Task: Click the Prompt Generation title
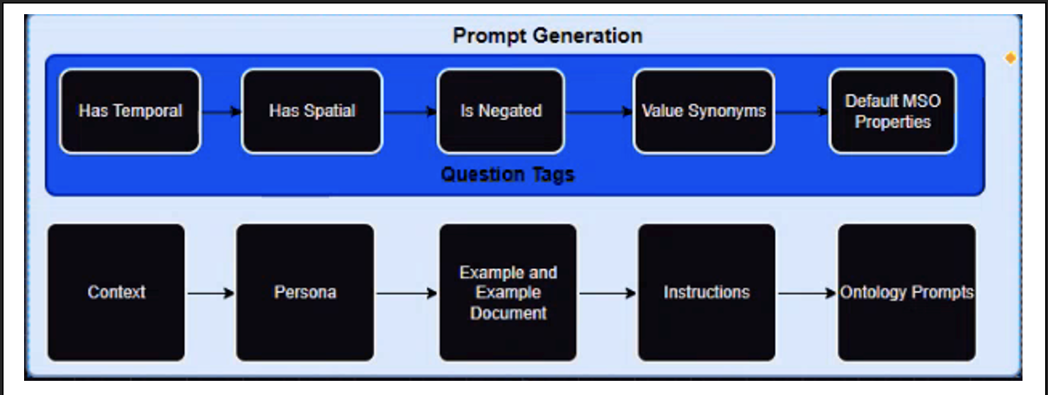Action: pyautogui.click(x=547, y=35)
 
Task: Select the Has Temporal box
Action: pyautogui.click(x=130, y=111)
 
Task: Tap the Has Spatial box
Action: pyautogui.click(x=312, y=111)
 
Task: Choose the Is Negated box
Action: pyautogui.click(x=501, y=111)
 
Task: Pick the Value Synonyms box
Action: pyautogui.click(x=703, y=111)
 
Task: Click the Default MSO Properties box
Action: pyautogui.click(x=892, y=111)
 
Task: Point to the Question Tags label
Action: pyautogui.click(x=507, y=174)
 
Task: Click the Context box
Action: pyautogui.click(x=116, y=292)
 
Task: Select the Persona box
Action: pyautogui.click(x=304, y=292)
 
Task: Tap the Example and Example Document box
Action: pyautogui.click(x=508, y=292)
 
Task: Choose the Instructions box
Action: pyautogui.click(x=706, y=292)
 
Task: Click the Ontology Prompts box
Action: pyautogui.click(x=906, y=292)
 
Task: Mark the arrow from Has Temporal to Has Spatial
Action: pyautogui.click(x=222, y=112)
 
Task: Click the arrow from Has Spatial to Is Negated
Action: pyautogui.click(x=410, y=112)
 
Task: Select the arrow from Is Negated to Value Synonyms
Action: pyautogui.click(x=599, y=112)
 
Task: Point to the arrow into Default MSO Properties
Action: pyautogui.click(x=802, y=112)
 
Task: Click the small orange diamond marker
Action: pyautogui.click(x=1010, y=58)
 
